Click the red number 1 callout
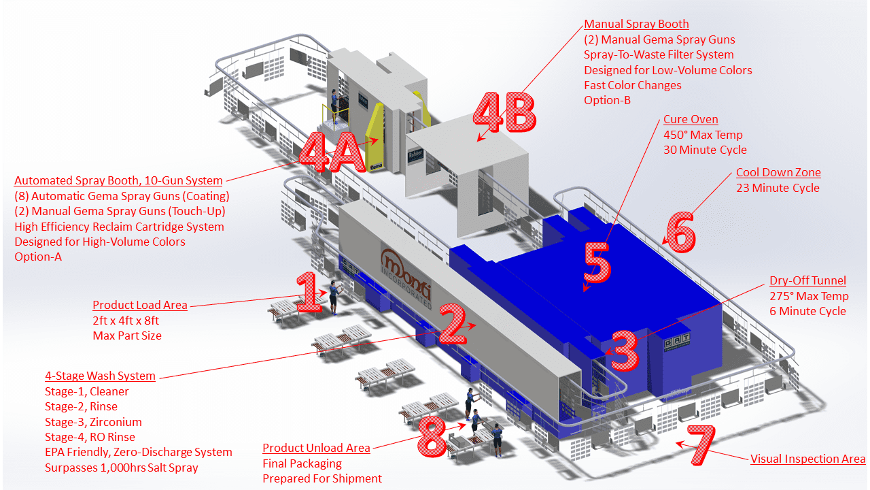click(309, 293)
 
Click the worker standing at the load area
click(334, 297)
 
